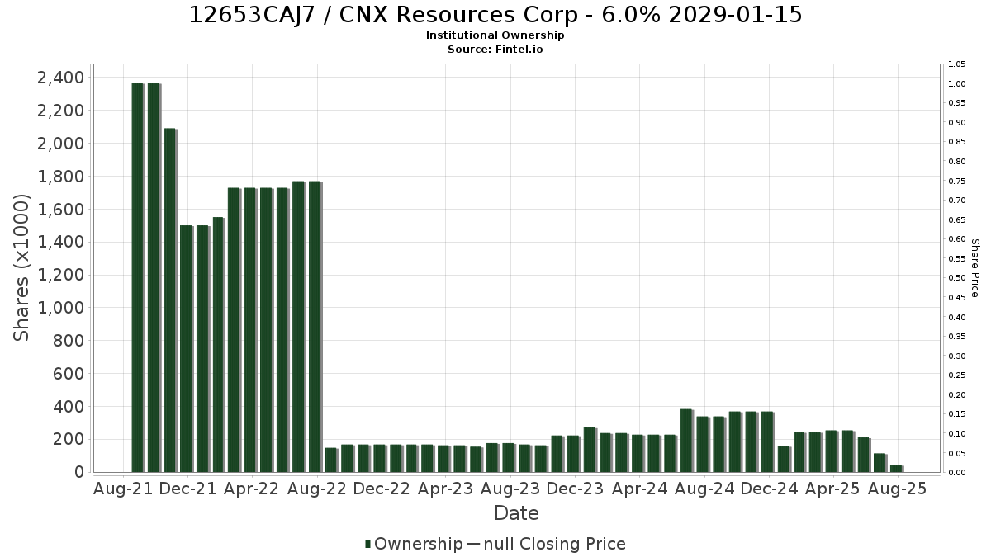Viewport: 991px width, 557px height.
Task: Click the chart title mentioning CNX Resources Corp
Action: coord(495,15)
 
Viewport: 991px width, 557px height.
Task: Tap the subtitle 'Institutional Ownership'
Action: coord(495,35)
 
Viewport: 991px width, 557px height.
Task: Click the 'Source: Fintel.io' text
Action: coord(495,49)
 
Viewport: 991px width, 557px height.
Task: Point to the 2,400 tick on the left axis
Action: coord(60,78)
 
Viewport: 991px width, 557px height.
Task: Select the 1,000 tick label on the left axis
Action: coord(60,308)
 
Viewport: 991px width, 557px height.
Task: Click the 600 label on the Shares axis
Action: coord(68,374)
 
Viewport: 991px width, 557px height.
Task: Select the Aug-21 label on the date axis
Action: coord(123,489)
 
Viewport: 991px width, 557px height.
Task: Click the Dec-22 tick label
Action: coord(382,489)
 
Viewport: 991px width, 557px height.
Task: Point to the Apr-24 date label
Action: coord(639,489)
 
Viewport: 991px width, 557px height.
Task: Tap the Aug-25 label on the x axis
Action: coord(897,489)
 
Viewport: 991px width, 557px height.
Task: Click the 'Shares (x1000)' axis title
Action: coord(21,268)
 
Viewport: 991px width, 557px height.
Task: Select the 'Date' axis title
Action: coord(516,513)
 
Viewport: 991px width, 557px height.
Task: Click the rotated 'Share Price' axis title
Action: coord(974,268)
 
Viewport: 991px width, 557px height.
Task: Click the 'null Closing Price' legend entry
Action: coord(547,544)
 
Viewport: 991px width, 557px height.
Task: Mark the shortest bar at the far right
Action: coord(897,469)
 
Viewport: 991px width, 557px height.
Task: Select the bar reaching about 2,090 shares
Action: coord(170,300)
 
